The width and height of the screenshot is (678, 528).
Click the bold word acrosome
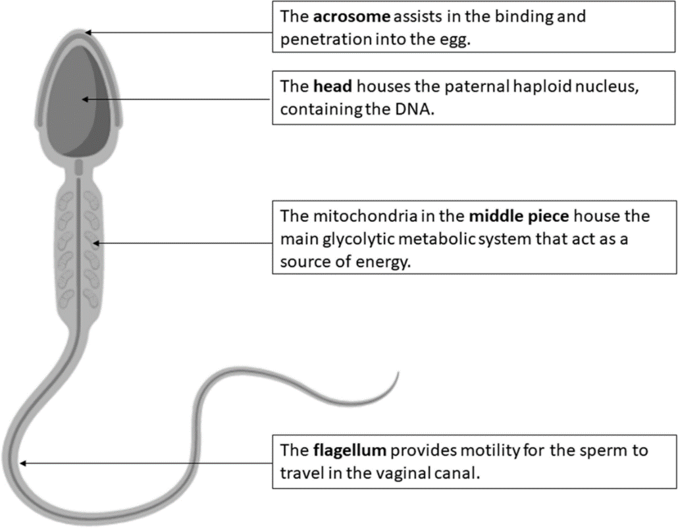pos(347,16)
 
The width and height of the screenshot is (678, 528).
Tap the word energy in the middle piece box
pos(385,261)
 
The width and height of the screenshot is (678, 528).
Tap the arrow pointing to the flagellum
pos(145,463)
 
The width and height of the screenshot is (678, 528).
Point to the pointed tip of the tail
pos(398,375)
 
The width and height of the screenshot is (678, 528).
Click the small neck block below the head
pos(78,167)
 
